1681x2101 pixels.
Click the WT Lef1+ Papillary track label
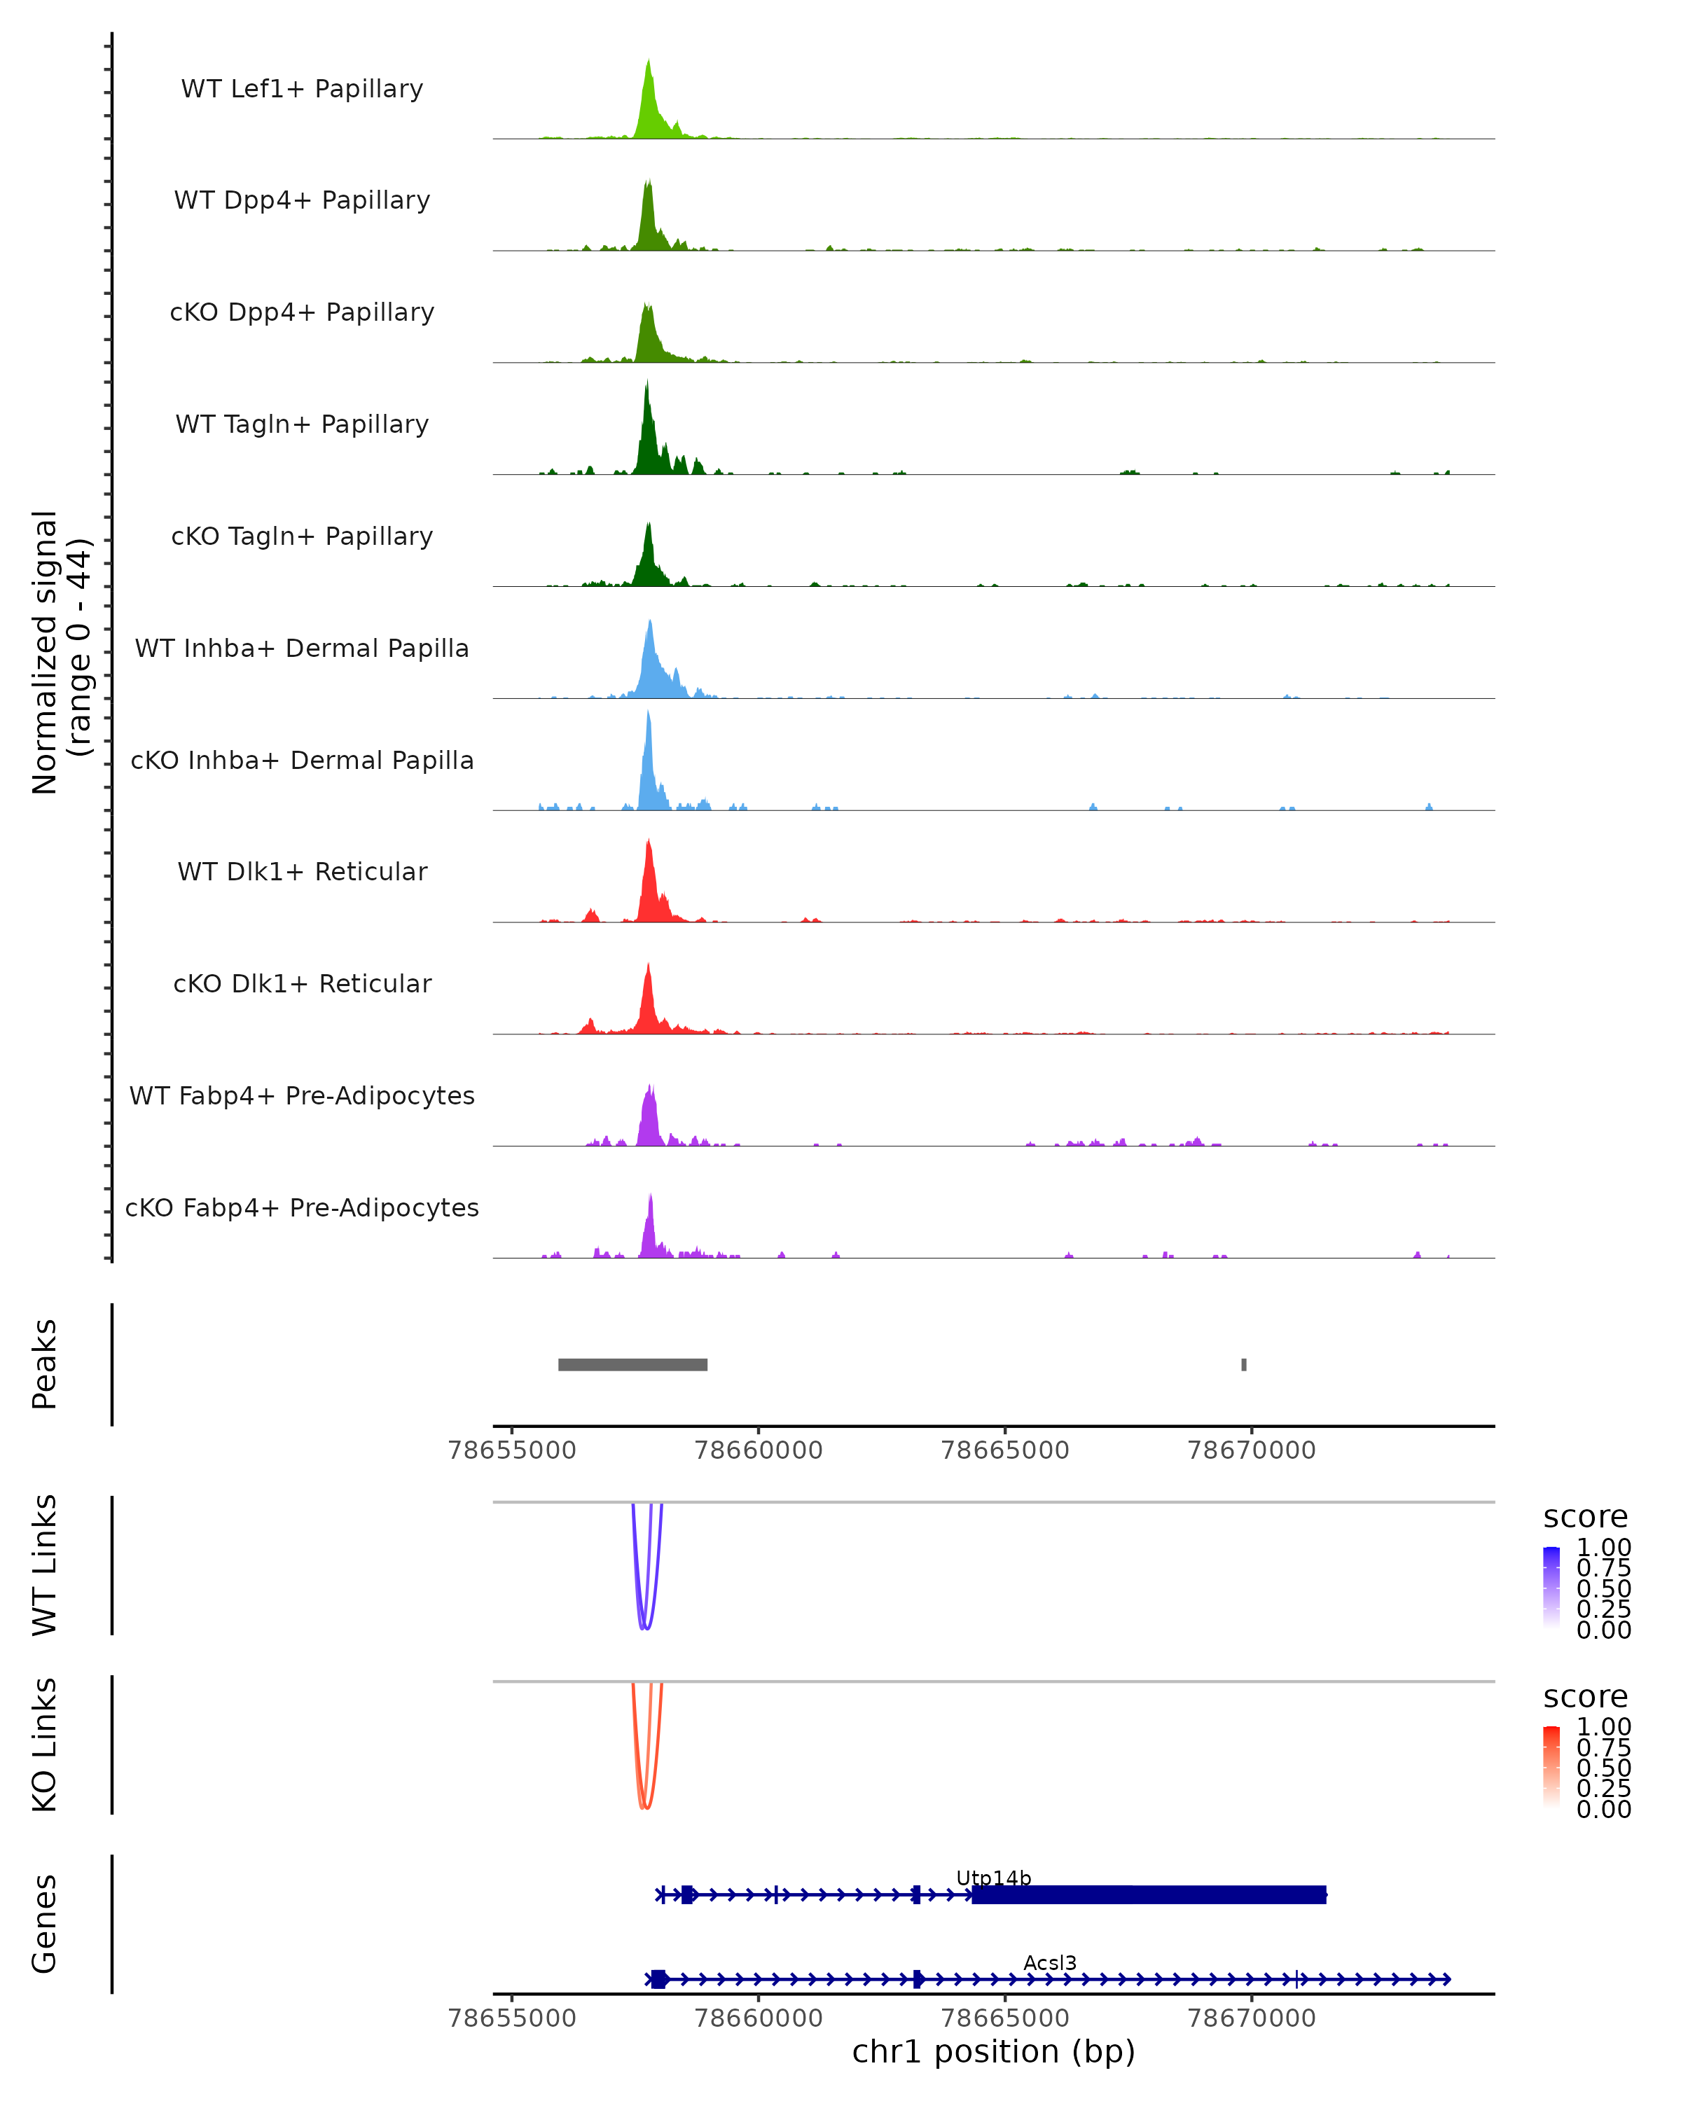302,89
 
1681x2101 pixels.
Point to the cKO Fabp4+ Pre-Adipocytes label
302,1207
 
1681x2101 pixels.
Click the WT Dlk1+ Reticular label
302,871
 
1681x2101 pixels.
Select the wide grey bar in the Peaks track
632,1364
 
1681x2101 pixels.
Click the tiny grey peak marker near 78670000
1243,1364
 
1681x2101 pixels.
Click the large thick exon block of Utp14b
1149,1894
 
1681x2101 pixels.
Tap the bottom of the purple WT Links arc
644,1628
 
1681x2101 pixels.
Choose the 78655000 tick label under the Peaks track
511,1450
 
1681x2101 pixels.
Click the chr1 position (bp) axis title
993,2052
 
